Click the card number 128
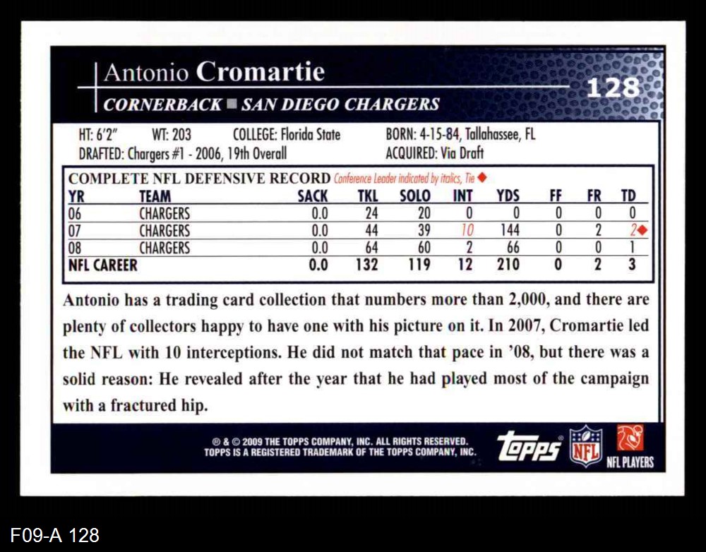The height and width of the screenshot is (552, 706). tap(613, 88)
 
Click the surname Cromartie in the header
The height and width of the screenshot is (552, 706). tap(260, 72)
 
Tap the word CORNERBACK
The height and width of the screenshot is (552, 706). tap(162, 104)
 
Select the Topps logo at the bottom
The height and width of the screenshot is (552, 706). tap(529, 446)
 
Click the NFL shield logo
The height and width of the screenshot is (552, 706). tap(586, 445)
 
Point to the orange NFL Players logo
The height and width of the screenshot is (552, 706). tap(630, 438)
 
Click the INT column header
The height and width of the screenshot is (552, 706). tap(462, 196)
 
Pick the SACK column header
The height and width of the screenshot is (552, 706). tap(312, 196)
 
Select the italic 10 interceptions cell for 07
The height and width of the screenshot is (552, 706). tap(467, 230)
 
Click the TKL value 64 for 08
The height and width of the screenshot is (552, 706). tap(371, 248)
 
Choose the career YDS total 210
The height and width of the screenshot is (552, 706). tap(508, 265)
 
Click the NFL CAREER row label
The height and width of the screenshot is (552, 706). tap(103, 265)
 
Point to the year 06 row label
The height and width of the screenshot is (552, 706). tap(75, 213)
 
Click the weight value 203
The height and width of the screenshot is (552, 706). tap(181, 134)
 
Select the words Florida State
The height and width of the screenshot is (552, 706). tap(310, 134)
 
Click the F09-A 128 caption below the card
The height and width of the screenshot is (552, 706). tap(55, 535)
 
